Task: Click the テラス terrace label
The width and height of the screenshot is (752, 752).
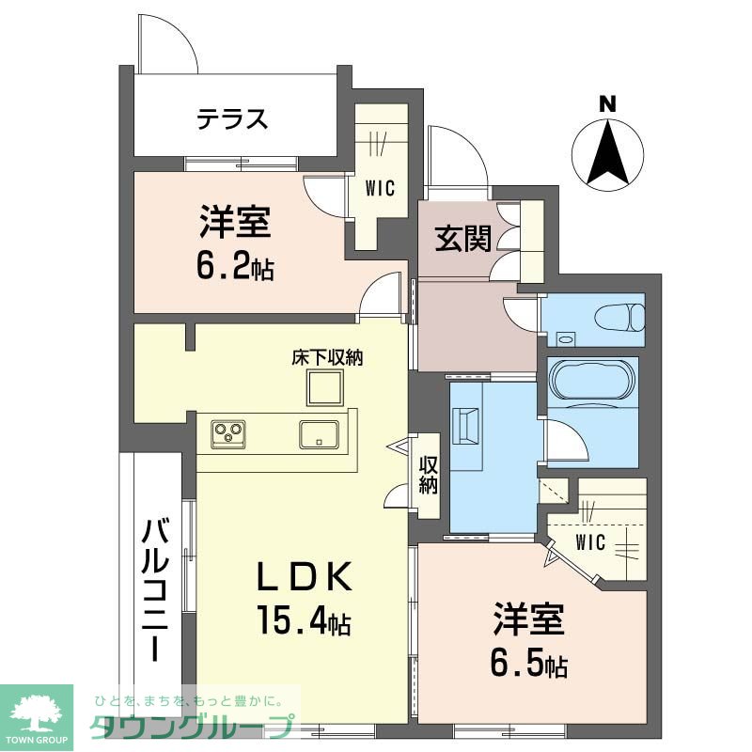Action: tap(232, 119)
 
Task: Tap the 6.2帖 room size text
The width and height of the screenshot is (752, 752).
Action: tap(235, 269)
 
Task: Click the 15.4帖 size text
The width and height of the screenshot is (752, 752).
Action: tap(304, 620)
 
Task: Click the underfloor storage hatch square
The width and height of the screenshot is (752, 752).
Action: tap(326, 386)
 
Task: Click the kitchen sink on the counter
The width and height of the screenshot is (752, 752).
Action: tap(320, 433)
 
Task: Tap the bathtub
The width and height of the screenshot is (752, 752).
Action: tap(592, 382)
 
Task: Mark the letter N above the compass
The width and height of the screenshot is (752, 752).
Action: tap(608, 105)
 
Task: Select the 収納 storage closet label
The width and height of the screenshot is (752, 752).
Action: tap(428, 475)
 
